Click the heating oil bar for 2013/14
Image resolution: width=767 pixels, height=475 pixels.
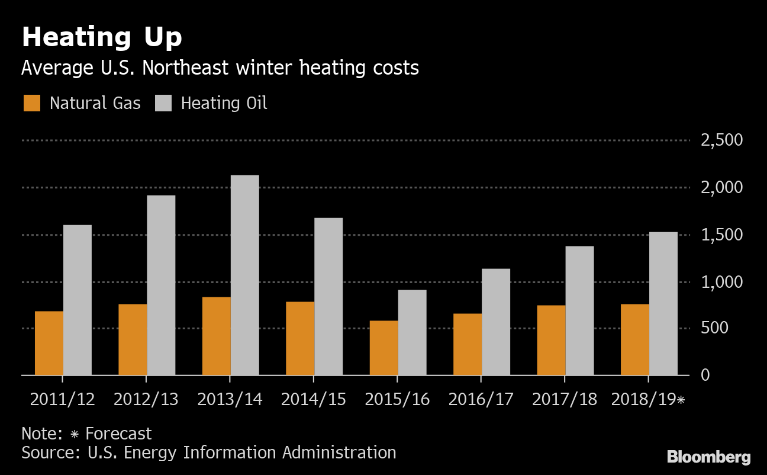coord(244,275)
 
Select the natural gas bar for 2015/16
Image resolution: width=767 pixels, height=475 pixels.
coord(383,348)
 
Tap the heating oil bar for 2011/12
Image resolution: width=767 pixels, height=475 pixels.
coord(78,300)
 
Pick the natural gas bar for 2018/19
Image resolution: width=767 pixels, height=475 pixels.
coord(634,339)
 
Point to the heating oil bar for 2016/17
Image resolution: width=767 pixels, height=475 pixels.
coord(496,322)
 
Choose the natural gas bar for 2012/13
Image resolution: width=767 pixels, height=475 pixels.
coord(133,339)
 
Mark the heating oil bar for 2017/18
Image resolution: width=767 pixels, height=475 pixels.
coord(579,310)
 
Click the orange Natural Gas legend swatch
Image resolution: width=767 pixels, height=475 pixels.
coord(32,103)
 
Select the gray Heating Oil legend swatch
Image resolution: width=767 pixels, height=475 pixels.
coord(163,103)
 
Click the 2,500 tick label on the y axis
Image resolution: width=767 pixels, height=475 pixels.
coord(721,140)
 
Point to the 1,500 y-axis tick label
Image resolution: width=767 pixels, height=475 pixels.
coord(721,235)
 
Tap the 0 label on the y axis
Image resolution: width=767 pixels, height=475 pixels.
coord(704,375)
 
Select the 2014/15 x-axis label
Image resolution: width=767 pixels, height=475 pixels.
coord(314,399)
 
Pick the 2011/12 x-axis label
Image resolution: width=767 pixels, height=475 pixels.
coord(63,399)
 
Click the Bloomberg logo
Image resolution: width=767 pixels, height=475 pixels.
coord(708,457)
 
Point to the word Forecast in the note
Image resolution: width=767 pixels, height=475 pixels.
coord(118,434)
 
